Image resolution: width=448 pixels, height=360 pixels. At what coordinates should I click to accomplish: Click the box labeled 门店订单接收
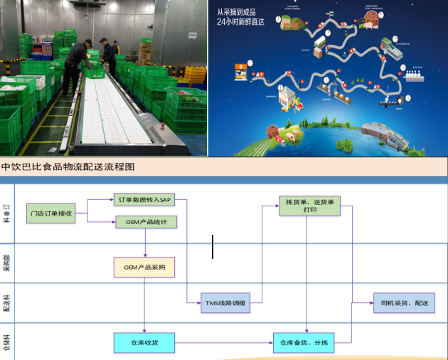click(50, 213)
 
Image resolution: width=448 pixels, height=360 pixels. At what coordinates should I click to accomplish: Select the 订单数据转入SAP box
click(144, 200)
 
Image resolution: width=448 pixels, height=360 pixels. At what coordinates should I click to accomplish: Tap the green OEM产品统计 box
click(146, 221)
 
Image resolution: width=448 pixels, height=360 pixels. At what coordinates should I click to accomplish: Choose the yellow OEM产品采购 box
click(144, 267)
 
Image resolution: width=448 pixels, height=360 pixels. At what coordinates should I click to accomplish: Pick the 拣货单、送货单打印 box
click(308, 206)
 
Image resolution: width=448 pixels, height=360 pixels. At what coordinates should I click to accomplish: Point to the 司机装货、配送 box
click(403, 302)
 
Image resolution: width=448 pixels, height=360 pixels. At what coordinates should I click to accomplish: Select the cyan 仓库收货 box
click(144, 343)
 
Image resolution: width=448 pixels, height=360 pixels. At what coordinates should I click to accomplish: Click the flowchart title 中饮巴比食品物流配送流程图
click(68, 166)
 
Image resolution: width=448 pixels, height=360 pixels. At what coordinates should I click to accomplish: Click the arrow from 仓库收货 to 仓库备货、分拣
click(224, 343)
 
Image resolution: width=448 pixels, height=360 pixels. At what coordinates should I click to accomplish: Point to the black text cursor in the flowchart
click(213, 247)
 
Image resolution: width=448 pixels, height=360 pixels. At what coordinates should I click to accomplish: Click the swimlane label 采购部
click(6, 263)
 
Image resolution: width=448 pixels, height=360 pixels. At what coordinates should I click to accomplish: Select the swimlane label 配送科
click(6, 303)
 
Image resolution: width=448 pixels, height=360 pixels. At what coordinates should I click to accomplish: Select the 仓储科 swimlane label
click(6, 343)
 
